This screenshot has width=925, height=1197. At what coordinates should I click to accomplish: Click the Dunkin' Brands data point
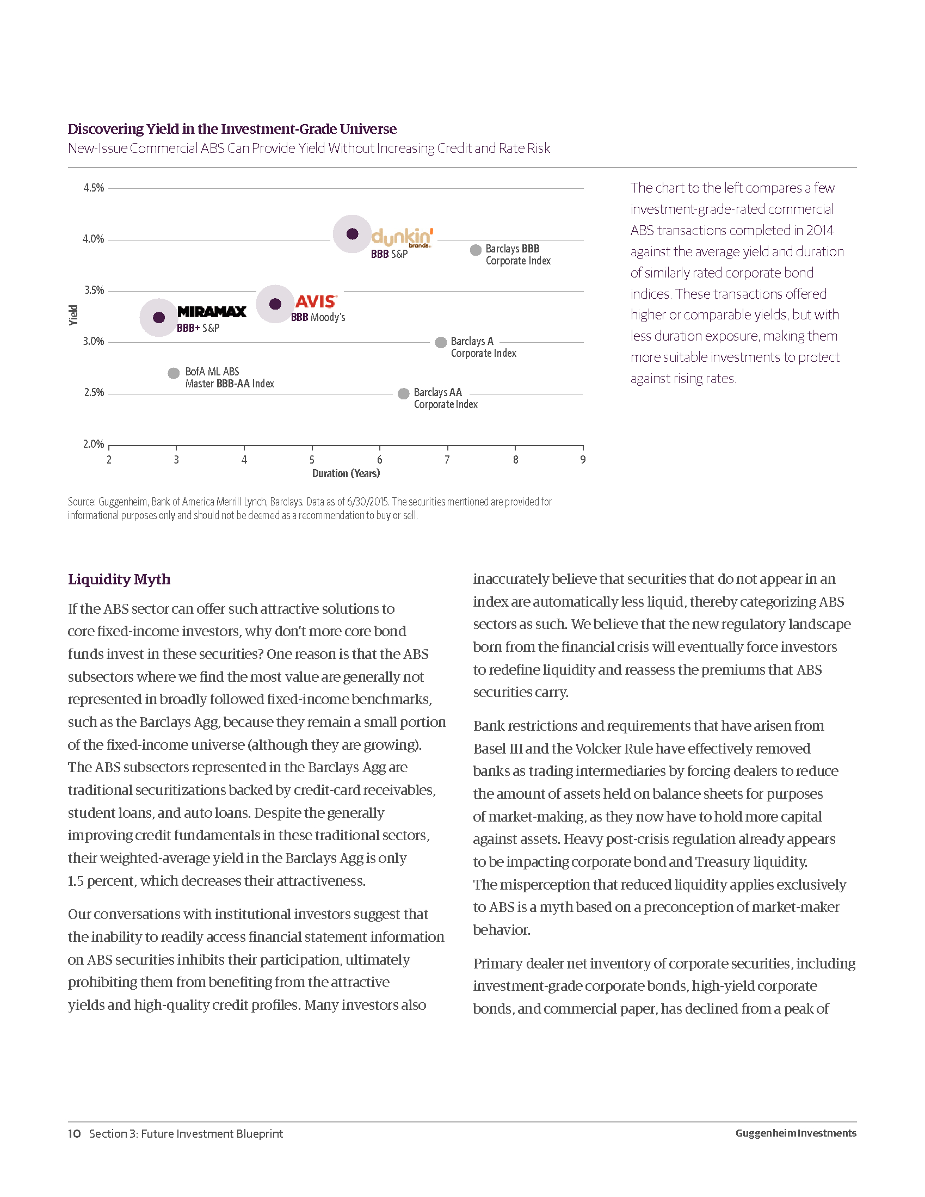353,234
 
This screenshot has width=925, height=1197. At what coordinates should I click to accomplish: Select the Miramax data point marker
159,317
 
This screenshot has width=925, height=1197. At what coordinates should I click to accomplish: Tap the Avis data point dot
275,304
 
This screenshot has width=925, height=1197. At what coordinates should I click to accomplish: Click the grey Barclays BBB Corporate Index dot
476,250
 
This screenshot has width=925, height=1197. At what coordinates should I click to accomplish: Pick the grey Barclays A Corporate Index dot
441,343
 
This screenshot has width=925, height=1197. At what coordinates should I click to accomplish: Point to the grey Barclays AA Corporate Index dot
403,393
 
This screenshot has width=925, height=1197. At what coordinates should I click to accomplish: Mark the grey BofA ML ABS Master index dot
174,373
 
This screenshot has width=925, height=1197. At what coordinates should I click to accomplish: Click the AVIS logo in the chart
316,301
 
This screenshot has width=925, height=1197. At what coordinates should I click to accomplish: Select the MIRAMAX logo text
212,312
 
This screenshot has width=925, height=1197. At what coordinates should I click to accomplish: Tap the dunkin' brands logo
402,237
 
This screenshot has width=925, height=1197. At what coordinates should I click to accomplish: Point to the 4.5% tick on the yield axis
94,188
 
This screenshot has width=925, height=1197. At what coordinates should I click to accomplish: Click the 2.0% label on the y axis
94,444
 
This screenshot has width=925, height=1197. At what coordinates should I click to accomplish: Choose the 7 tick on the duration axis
447,460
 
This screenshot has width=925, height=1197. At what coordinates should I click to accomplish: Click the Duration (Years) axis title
346,473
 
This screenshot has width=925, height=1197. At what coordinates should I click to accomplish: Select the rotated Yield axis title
73,315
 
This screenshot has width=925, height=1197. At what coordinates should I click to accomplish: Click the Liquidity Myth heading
119,579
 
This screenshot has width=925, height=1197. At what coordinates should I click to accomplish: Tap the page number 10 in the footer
75,1133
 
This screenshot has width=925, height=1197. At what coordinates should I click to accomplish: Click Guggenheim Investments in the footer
795,1133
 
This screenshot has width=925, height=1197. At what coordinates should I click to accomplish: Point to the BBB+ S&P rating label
198,328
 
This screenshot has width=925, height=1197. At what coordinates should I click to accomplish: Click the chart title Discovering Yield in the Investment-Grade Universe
232,129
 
